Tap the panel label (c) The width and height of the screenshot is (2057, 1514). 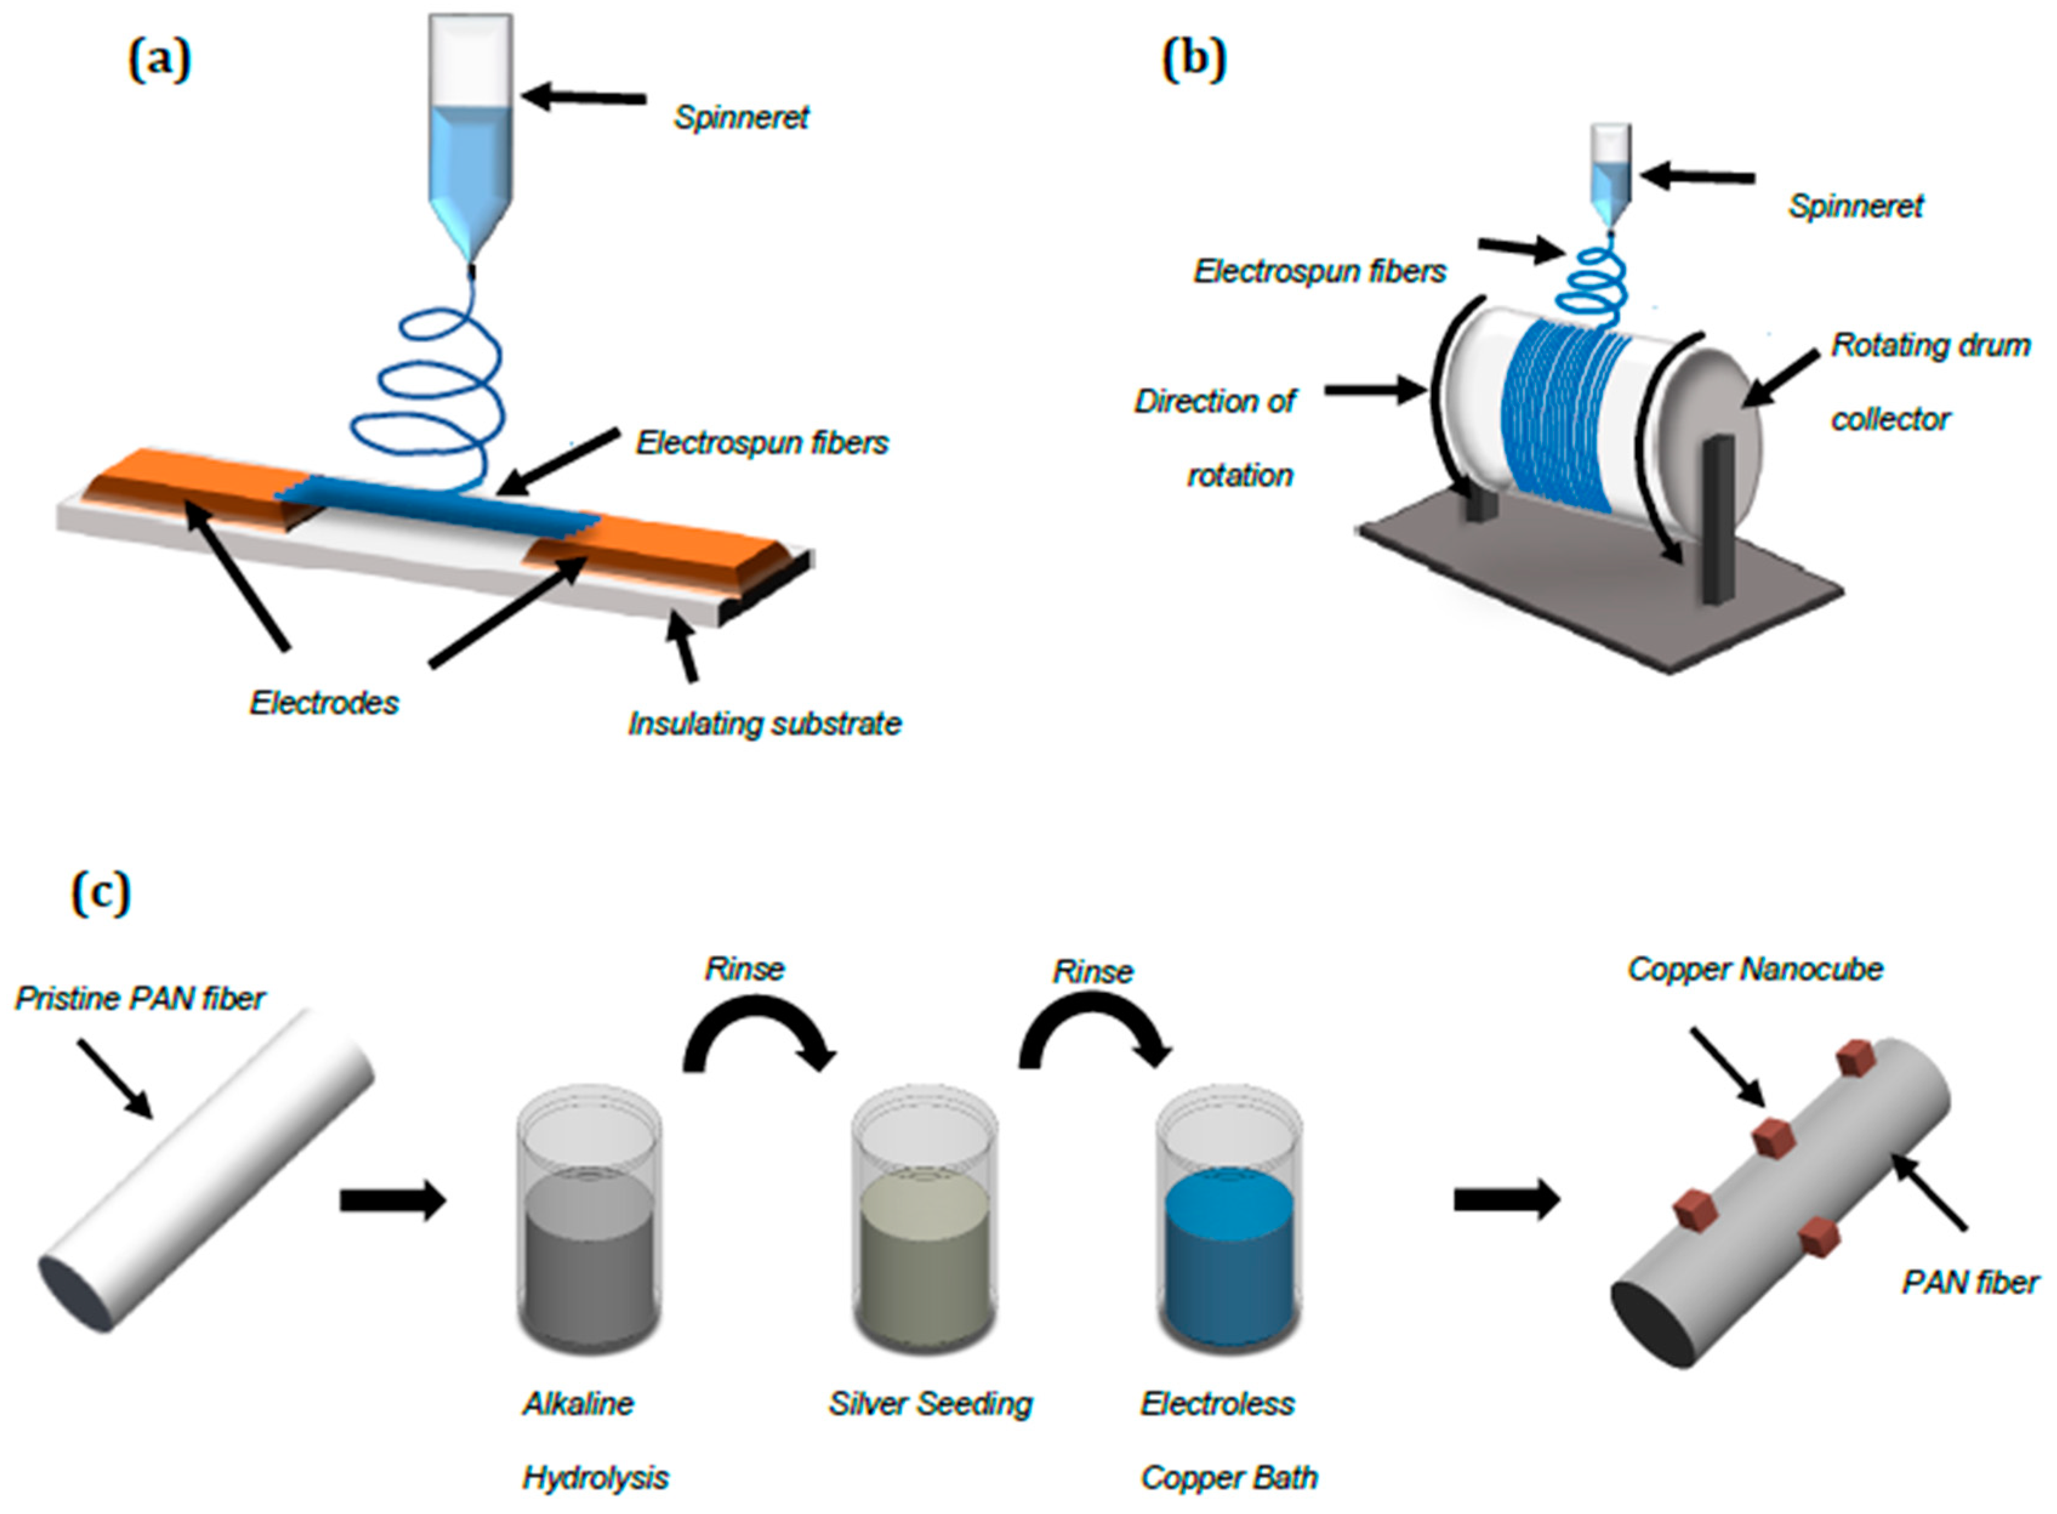101,893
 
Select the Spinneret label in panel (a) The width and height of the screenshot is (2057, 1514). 741,117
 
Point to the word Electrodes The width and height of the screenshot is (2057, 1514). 324,703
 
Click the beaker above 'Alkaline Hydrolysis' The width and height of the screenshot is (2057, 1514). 589,1228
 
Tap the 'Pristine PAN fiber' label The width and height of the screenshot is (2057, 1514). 140,998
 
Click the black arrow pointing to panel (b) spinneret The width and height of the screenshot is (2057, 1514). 1698,177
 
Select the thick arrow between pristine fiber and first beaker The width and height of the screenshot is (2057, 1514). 392,1200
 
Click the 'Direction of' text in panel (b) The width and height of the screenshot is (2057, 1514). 1215,402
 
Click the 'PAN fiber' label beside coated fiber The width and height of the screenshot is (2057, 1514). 1970,1281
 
